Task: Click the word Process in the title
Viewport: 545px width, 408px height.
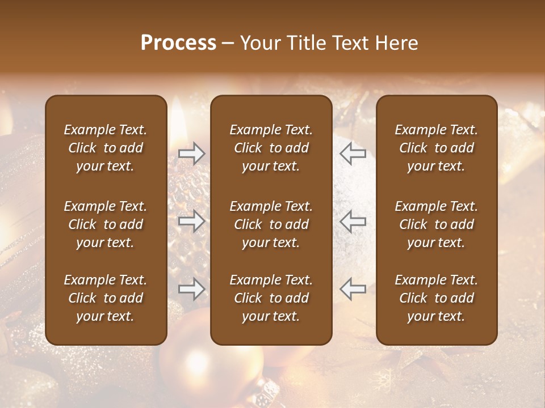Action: click(178, 43)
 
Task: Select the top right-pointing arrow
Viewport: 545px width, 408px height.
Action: click(191, 154)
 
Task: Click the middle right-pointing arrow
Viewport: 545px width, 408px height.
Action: click(191, 221)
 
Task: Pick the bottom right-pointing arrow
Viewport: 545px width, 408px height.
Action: click(191, 289)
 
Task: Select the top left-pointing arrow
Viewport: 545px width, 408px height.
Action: click(353, 154)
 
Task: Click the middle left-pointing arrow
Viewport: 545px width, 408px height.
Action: click(353, 221)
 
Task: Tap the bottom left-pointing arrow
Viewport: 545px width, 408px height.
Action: click(353, 289)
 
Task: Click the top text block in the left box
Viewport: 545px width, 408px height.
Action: click(106, 148)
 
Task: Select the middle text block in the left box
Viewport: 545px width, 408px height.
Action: click(106, 224)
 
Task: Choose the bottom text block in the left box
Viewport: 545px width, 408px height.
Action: click(106, 298)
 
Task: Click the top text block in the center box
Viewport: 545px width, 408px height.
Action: click(271, 148)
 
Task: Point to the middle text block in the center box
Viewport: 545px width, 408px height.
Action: click(271, 224)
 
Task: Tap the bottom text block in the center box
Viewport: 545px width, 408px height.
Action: click(271, 298)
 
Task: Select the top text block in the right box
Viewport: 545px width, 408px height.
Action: click(436, 148)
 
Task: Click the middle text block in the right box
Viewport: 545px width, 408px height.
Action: click(436, 224)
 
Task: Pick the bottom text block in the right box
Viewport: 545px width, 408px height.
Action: click(436, 298)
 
